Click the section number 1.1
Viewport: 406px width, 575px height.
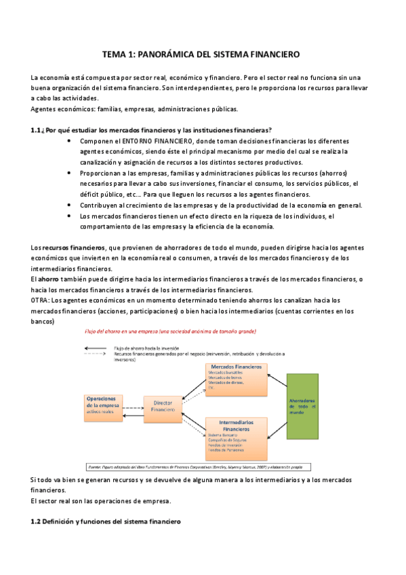pyautogui.click(x=37, y=130)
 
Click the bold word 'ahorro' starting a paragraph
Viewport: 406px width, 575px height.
pyautogui.click(x=49, y=279)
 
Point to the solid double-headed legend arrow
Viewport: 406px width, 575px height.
pyautogui.click(x=95, y=347)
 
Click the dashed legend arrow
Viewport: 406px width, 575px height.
pyautogui.click(x=95, y=353)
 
